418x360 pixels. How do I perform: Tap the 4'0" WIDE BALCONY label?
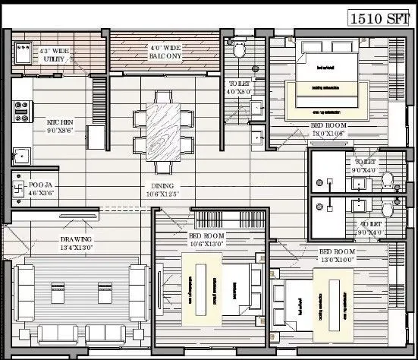point(164,51)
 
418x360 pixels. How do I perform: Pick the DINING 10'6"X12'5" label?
point(162,190)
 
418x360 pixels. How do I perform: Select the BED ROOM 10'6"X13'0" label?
point(210,240)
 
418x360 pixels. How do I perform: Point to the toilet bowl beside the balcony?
point(240,49)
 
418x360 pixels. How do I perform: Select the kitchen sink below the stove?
point(22,156)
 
